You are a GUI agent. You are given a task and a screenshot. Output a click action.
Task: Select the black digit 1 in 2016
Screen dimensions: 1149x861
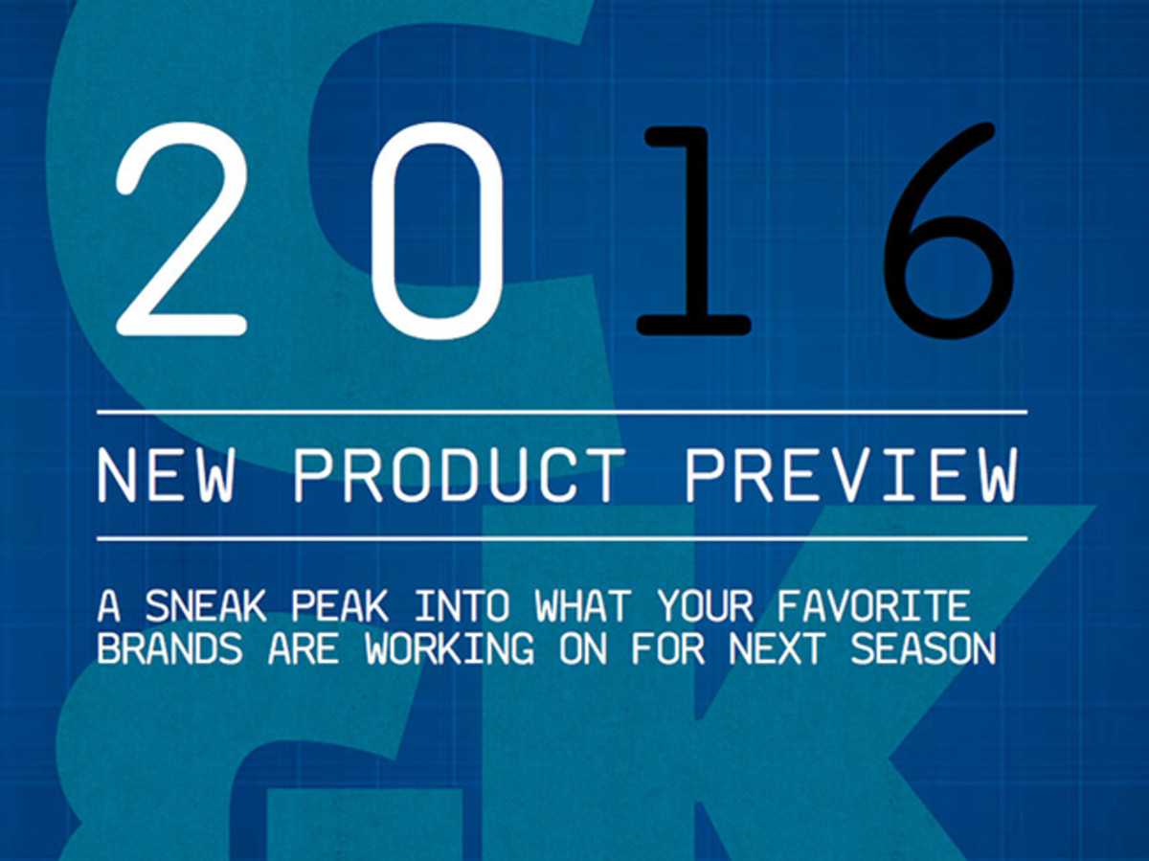coord(692,230)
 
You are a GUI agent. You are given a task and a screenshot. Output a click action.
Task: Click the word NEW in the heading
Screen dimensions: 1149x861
coord(166,476)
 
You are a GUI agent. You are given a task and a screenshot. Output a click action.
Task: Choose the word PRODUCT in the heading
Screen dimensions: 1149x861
coord(460,476)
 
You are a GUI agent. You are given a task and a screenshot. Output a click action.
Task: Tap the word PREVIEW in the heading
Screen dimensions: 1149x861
coord(852,476)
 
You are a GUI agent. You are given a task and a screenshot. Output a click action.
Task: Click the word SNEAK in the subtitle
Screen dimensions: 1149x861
coord(206,606)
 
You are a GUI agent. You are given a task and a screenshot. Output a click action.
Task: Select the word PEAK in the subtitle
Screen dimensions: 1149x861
coord(340,606)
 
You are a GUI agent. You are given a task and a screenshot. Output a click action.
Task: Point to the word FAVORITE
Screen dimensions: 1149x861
coord(873,606)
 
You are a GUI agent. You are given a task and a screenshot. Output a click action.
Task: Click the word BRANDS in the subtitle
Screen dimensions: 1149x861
coord(170,649)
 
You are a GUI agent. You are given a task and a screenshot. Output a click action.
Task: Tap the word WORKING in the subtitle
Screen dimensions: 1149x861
coord(450,649)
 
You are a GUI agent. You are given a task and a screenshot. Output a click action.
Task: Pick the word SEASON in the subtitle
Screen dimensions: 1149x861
coord(923,649)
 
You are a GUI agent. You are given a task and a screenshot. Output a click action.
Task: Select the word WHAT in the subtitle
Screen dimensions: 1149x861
coord(583,606)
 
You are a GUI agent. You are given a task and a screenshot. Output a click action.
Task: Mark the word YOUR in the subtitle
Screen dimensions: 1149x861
coord(705,606)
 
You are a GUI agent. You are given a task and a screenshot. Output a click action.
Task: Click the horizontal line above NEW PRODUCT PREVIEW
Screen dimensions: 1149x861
coord(562,413)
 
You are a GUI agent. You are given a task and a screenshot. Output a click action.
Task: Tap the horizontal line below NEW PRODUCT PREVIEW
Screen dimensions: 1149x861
coord(562,538)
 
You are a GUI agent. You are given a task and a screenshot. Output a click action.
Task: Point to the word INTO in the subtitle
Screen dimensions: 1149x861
coord(462,606)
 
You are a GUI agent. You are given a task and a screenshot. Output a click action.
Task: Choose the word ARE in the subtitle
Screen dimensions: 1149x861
coord(304,649)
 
